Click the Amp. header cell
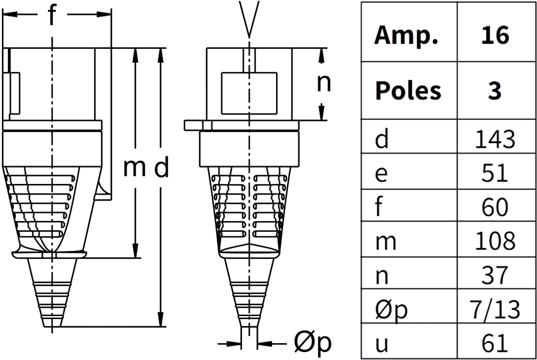pyautogui.click(x=407, y=35)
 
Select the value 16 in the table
pyautogui.click(x=495, y=35)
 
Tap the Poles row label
pyautogui.click(x=408, y=91)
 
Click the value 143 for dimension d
pyautogui.click(x=495, y=140)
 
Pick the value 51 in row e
pyautogui.click(x=495, y=173)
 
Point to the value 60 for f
pyautogui.click(x=495, y=207)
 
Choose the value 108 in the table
pyautogui.click(x=495, y=241)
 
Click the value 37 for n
pyautogui.click(x=495, y=275)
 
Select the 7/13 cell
pyautogui.click(x=495, y=309)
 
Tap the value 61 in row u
pyautogui.click(x=495, y=343)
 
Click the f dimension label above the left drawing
pyautogui.click(x=51, y=15)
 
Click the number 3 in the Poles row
pyautogui.click(x=495, y=91)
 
